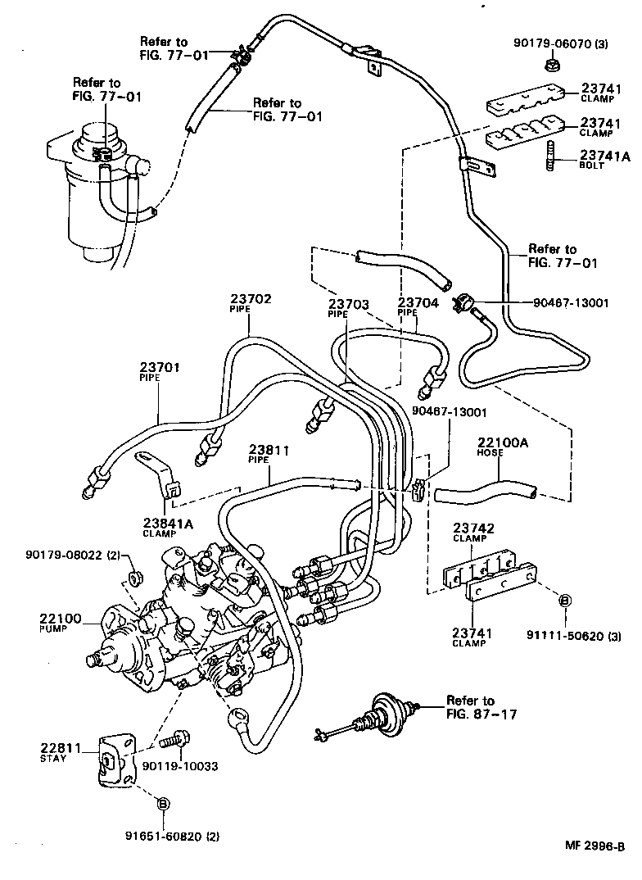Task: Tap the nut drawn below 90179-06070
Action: point(551,64)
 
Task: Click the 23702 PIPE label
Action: point(251,303)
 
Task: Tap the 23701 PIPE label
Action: point(160,373)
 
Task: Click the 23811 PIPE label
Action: point(271,454)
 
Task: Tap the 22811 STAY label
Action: point(61,751)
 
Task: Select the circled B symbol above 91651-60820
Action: point(163,804)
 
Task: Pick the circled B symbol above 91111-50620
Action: point(563,601)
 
